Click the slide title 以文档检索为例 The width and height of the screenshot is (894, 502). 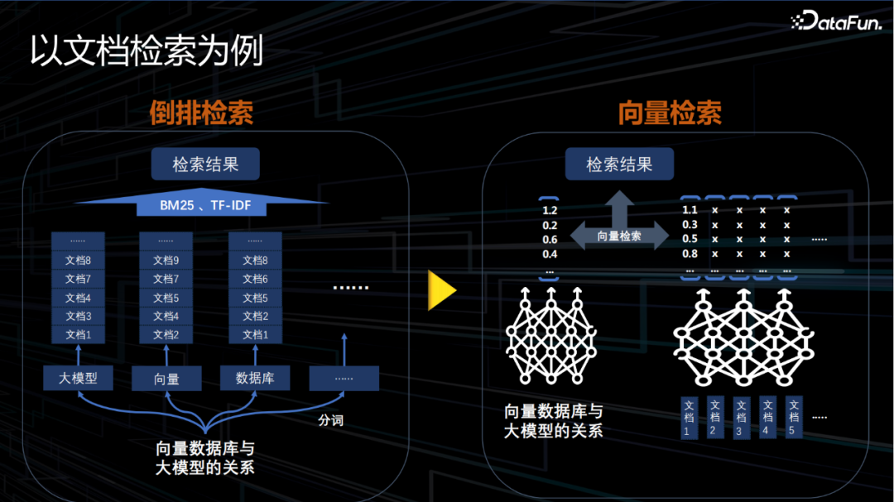(x=147, y=51)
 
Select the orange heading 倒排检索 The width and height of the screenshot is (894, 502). (x=201, y=113)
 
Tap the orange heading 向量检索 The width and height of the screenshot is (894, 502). (x=670, y=113)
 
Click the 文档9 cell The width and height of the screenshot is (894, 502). (x=166, y=261)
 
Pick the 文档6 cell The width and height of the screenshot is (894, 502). (x=255, y=279)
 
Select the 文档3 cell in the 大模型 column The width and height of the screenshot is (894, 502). (x=78, y=316)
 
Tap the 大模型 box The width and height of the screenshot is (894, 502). (x=78, y=379)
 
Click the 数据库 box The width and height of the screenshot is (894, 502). (x=255, y=379)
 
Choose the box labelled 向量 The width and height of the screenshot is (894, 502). (x=166, y=380)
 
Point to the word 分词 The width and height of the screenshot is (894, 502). (x=330, y=420)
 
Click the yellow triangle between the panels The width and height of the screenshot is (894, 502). (x=441, y=289)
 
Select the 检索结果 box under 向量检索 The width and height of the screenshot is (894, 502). (x=619, y=165)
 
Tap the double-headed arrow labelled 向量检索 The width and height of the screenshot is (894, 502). (x=619, y=236)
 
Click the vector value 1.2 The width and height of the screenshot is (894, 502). (x=550, y=210)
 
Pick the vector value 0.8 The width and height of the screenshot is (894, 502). (x=690, y=254)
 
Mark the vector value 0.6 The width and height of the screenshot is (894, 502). (x=550, y=240)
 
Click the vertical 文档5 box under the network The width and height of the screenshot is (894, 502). (x=793, y=418)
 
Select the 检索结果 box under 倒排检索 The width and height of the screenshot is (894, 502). (x=205, y=165)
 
